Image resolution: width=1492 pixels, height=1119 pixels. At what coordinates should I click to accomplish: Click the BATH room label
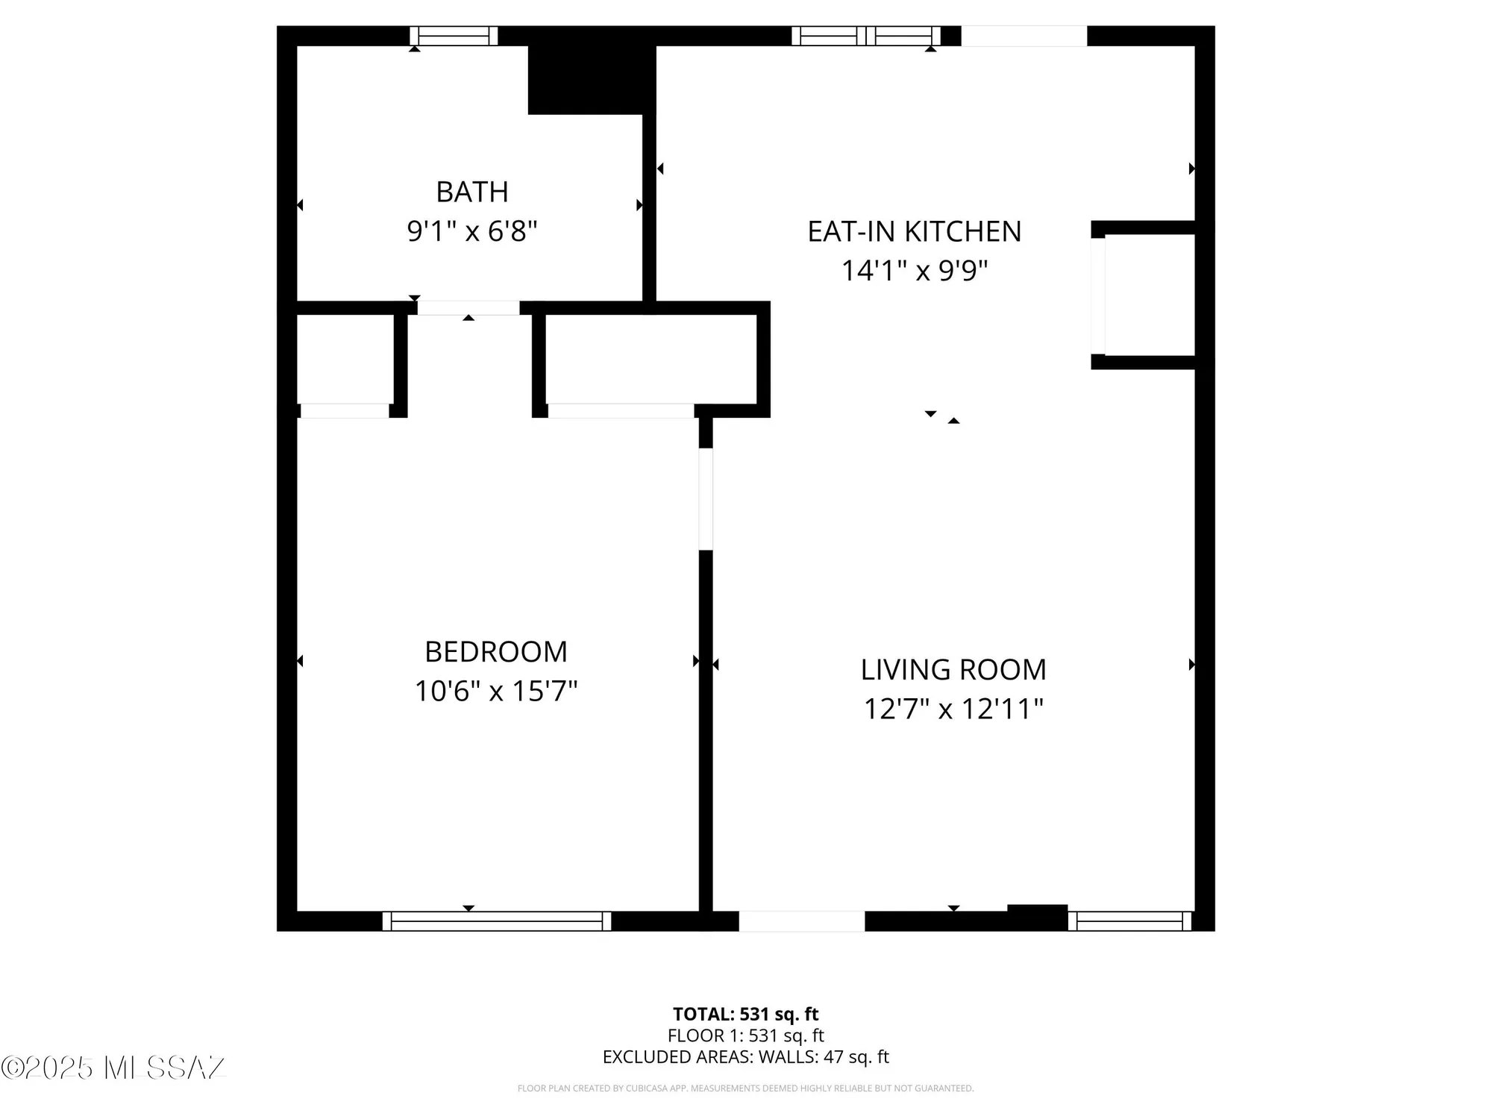pyautogui.click(x=471, y=192)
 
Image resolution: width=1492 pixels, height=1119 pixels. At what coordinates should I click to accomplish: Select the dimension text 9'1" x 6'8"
pyautogui.click(x=471, y=231)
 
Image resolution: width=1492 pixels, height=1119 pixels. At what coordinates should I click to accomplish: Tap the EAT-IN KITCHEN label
pyautogui.click(x=914, y=231)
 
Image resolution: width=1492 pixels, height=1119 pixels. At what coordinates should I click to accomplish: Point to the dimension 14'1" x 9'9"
pyautogui.click(x=914, y=270)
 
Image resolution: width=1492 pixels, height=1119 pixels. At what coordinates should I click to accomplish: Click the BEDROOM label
pyautogui.click(x=496, y=651)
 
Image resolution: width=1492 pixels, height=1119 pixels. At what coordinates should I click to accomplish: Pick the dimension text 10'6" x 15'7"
pyautogui.click(x=496, y=691)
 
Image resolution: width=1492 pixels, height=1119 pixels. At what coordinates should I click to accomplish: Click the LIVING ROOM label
pyautogui.click(x=953, y=669)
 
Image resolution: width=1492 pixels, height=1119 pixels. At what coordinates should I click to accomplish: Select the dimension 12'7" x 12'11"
pyautogui.click(x=953, y=708)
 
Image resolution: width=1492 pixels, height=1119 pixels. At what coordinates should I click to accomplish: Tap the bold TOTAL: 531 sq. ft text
pyautogui.click(x=745, y=1014)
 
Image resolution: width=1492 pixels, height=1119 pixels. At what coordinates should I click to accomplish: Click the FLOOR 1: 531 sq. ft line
pyautogui.click(x=745, y=1035)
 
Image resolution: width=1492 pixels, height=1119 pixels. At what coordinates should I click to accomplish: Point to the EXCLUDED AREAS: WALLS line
pyautogui.click(x=745, y=1056)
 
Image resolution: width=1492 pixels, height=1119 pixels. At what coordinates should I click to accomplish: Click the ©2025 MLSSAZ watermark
pyautogui.click(x=112, y=1068)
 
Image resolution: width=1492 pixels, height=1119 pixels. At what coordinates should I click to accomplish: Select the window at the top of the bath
pyautogui.click(x=454, y=36)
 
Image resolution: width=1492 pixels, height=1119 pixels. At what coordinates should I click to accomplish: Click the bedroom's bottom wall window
pyautogui.click(x=497, y=921)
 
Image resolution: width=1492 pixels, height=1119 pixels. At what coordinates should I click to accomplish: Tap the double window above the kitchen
pyautogui.click(x=865, y=36)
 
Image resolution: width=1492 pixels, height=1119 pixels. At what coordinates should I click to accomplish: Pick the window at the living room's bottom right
pyautogui.click(x=1129, y=921)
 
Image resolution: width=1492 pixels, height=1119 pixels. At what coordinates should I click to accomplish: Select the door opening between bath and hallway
pyautogui.click(x=468, y=308)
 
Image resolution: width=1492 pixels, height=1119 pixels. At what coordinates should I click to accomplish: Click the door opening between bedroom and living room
pyautogui.click(x=706, y=499)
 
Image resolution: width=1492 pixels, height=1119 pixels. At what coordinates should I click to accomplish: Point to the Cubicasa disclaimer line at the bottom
pyautogui.click(x=745, y=1088)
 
